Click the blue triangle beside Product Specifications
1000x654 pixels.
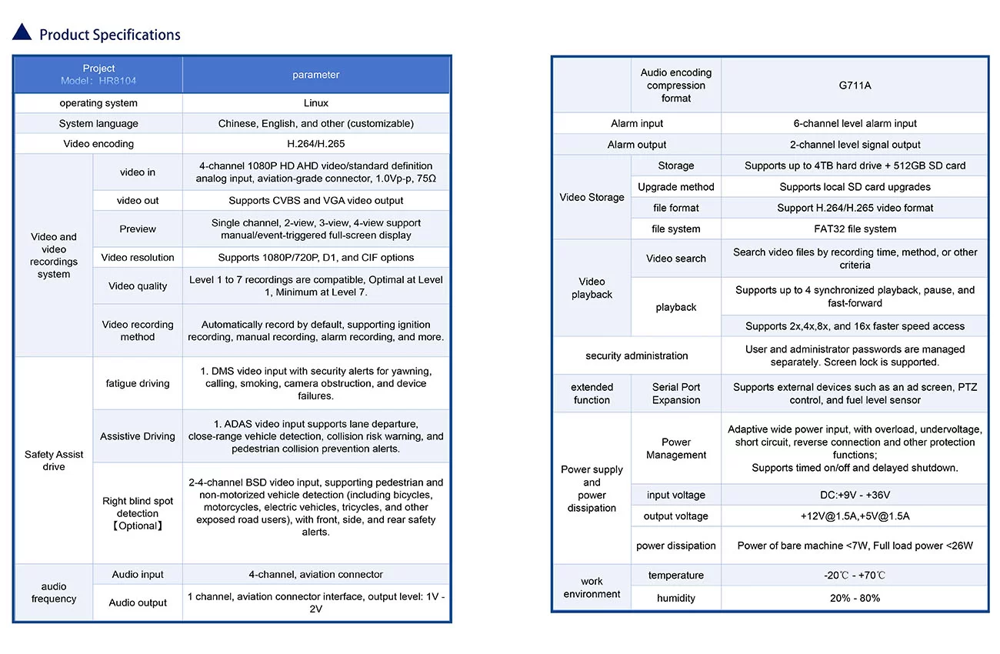click(x=22, y=32)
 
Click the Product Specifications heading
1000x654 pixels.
click(x=109, y=35)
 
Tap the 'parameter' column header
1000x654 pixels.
click(x=315, y=75)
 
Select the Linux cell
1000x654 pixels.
click(x=315, y=103)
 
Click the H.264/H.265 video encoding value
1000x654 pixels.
click(x=315, y=144)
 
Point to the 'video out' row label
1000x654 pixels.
click(x=138, y=201)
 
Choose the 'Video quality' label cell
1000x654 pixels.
click(x=138, y=286)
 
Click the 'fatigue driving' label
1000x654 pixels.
click(x=138, y=383)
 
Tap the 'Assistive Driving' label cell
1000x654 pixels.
click(x=138, y=436)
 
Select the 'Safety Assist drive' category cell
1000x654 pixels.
click(x=54, y=460)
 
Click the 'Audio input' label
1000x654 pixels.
click(x=138, y=575)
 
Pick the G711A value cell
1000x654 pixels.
click(x=855, y=85)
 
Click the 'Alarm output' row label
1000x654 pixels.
click(x=637, y=145)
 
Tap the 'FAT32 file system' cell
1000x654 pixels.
click(x=855, y=229)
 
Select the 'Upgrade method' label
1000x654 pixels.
click(x=675, y=187)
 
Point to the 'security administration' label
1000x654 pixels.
click(x=637, y=355)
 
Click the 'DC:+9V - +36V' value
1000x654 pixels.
click(x=855, y=495)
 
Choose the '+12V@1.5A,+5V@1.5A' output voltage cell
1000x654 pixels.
click(x=855, y=516)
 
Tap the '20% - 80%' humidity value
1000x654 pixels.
click(x=855, y=598)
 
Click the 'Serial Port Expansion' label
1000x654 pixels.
click(x=675, y=393)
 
